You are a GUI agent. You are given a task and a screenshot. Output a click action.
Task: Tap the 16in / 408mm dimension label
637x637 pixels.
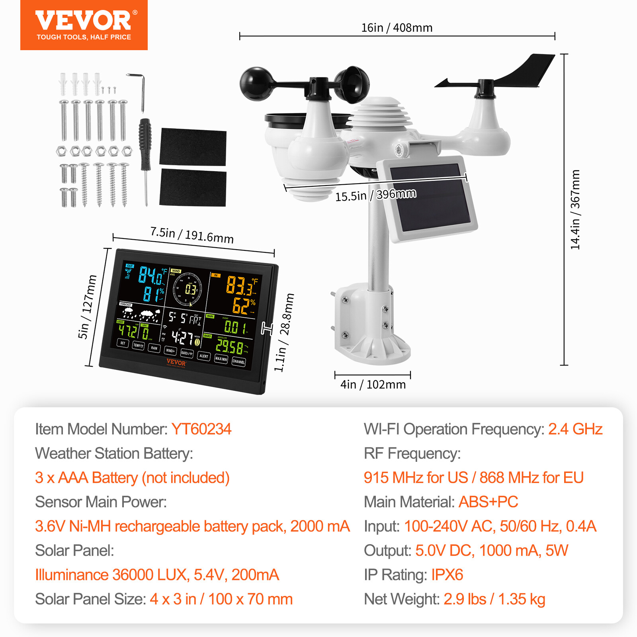(397, 28)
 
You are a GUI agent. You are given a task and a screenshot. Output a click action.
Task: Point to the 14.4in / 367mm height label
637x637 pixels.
(575, 209)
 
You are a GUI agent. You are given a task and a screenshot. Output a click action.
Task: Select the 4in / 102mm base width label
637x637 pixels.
(373, 385)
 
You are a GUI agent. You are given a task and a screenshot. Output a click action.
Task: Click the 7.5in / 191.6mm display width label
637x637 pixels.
(191, 235)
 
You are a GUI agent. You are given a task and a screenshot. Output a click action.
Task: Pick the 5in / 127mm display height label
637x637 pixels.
(87, 307)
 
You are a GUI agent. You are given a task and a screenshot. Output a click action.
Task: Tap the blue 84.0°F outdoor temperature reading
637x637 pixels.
(152, 276)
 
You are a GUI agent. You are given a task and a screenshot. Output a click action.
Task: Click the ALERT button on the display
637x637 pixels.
(204, 356)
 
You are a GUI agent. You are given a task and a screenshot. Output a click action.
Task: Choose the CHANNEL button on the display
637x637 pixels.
(238, 361)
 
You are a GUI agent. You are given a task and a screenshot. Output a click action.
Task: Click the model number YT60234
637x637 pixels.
(201, 429)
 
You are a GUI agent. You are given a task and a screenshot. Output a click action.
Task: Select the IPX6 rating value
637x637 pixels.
(447, 575)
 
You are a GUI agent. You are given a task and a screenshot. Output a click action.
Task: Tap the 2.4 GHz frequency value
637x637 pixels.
(575, 429)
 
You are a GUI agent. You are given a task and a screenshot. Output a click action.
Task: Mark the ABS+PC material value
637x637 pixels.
(488, 502)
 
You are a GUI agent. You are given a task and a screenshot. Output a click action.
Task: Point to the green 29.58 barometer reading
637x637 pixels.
(229, 347)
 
